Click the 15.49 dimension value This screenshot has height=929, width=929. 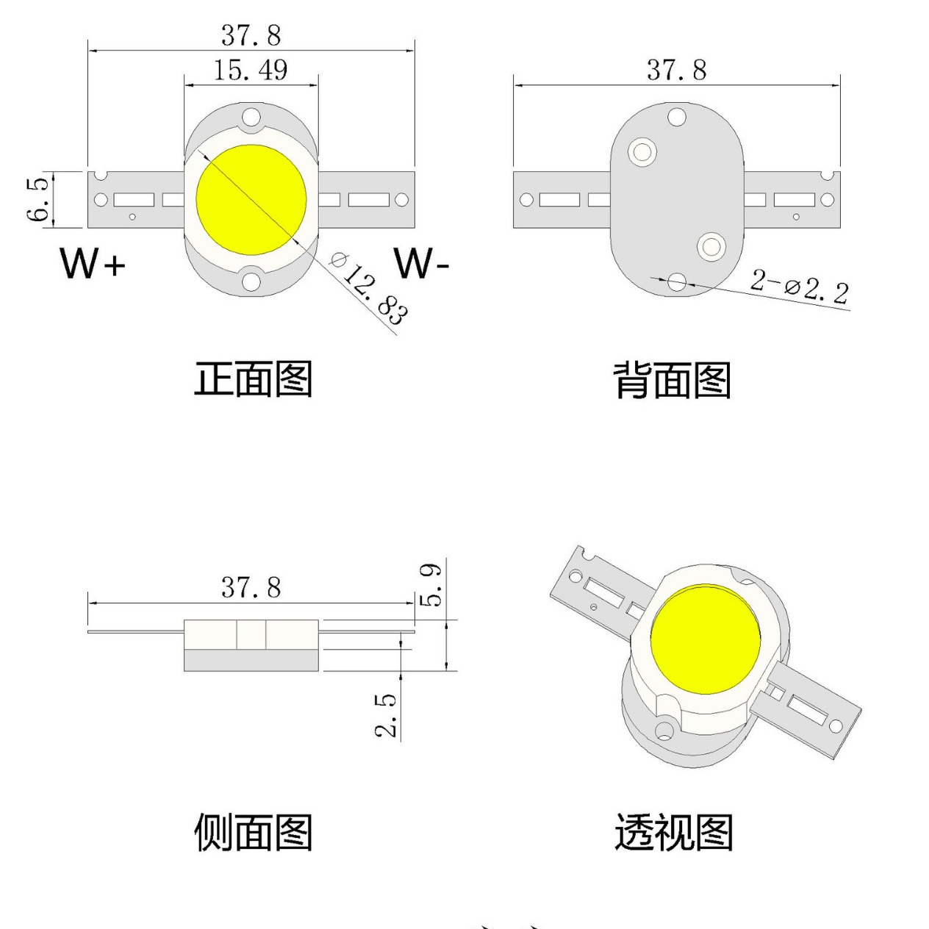point(251,70)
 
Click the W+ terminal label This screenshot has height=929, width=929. point(93,264)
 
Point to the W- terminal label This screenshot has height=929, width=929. point(420,263)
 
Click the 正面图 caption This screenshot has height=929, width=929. point(253,379)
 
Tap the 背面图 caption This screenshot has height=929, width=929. point(672,380)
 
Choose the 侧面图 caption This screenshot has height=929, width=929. point(253,833)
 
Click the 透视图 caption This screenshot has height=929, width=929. point(673,833)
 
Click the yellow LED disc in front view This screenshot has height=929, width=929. point(251,200)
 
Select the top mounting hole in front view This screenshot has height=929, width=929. point(251,116)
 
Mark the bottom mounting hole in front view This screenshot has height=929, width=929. point(251,281)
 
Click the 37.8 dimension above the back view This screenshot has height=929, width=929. point(676,71)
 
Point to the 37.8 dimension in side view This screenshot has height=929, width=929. point(251,588)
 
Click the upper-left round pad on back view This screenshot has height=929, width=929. point(643,152)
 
